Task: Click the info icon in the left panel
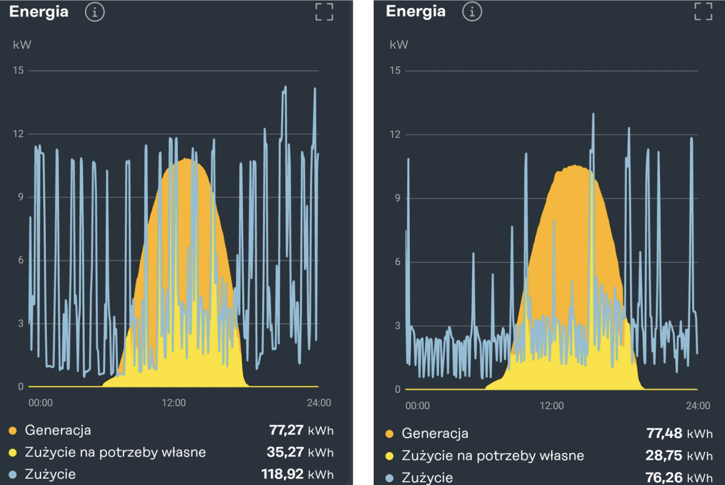[94, 12]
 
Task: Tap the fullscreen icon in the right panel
[703, 11]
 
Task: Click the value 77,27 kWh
[301, 430]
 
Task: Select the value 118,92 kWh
[297, 474]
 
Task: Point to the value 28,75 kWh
[678, 456]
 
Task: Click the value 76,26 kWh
[678, 477]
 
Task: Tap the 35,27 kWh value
[300, 452]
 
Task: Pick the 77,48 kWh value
[679, 433]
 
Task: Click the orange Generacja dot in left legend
[13, 431]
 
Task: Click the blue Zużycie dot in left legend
[13, 474]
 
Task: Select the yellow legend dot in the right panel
[389, 456]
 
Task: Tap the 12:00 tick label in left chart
[174, 403]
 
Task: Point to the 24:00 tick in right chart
[698, 406]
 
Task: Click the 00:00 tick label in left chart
[41, 403]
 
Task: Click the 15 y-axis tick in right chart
[395, 71]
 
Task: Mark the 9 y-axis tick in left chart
[21, 197]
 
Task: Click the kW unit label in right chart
[399, 45]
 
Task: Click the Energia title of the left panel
[39, 12]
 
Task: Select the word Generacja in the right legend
[435, 434]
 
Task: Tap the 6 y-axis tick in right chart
[398, 262]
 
